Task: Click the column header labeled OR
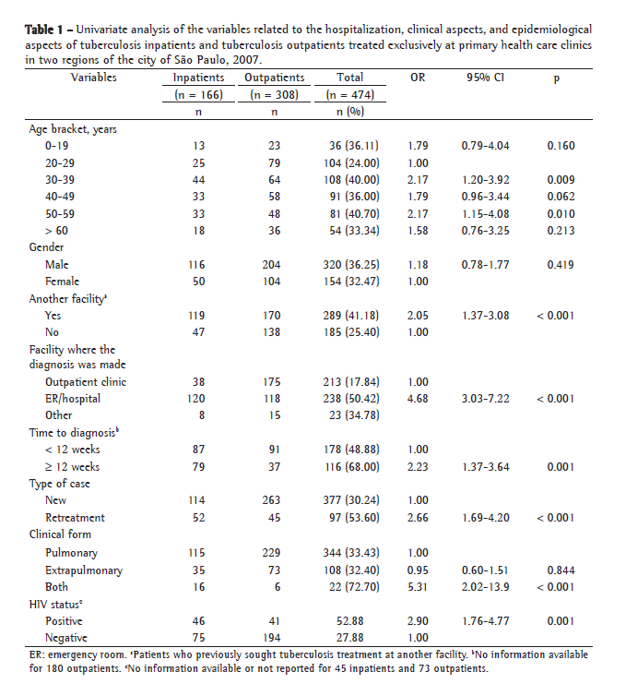tap(417, 78)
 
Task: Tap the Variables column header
tap(94, 78)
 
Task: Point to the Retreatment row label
tap(76, 518)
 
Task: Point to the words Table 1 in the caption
tap(47, 30)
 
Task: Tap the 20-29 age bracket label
tap(64, 162)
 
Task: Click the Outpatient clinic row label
tap(86, 381)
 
